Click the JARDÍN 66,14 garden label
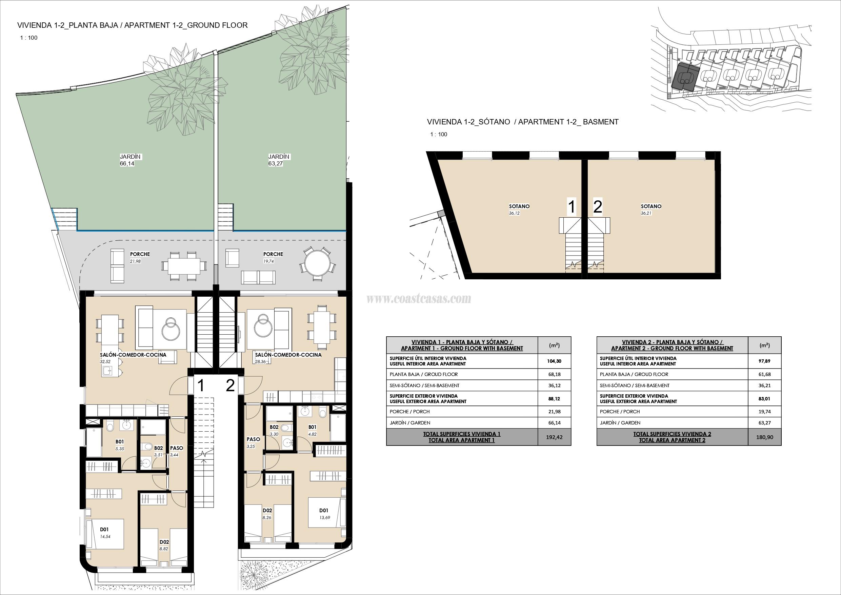pyautogui.click(x=130, y=160)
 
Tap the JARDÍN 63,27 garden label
pyautogui.click(x=278, y=160)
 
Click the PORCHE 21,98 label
pyautogui.click(x=140, y=257)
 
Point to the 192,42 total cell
pyautogui.click(x=554, y=437)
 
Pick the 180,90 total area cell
pyautogui.click(x=764, y=437)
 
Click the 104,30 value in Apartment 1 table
pyautogui.click(x=554, y=361)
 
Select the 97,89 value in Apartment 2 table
pyautogui.click(x=764, y=361)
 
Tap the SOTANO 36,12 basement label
pyautogui.click(x=519, y=209)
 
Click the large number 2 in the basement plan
pyautogui.click(x=597, y=207)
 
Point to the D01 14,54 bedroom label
pyautogui.click(x=105, y=533)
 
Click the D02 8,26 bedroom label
pyautogui.click(x=267, y=514)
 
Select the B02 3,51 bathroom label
pyautogui.click(x=158, y=451)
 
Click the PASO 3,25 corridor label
pyautogui.click(x=253, y=442)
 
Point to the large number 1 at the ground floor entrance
pyautogui.click(x=200, y=385)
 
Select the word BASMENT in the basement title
pyautogui.click(x=600, y=122)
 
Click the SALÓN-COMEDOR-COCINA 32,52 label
pyautogui.click(x=133, y=358)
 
